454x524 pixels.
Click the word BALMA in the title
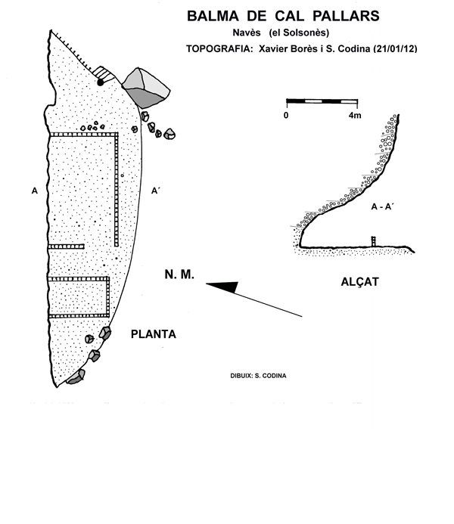tap(210, 14)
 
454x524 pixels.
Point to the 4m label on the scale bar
tap(353, 115)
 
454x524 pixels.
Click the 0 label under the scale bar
tap(287, 115)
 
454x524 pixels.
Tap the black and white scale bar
tap(322, 101)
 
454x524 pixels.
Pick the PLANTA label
tap(154, 333)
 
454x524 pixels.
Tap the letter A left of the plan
tap(35, 191)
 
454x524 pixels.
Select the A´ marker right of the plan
tap(156, 191)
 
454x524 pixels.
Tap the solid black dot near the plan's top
tap(101, 82)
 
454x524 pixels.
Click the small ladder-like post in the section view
tap(373, 241)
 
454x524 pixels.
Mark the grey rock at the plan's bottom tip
tap(75, 377)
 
